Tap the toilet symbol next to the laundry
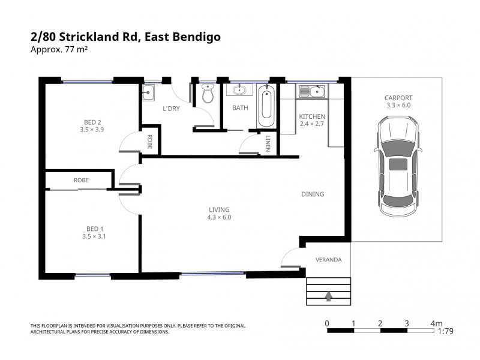point(208,94)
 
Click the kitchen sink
point(311,92)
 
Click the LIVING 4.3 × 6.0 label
point(220,213)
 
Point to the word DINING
point(313,194)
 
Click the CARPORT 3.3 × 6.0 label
point(399,101)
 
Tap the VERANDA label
point(328,260)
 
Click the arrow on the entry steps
point(328,295)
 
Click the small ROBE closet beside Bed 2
point(150,142)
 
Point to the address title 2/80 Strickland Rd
point(125,37)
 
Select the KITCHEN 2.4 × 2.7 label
point(312,120)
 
